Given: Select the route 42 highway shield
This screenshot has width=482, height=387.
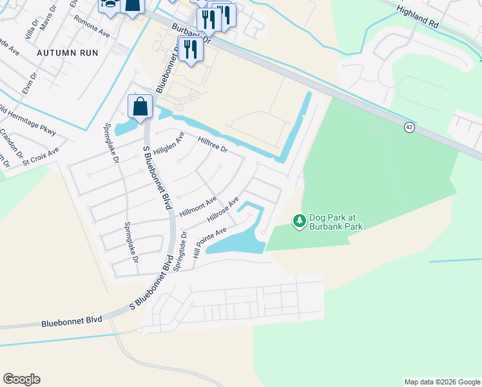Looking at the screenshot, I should point(410,128).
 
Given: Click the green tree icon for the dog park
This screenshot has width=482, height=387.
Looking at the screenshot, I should point(299,221).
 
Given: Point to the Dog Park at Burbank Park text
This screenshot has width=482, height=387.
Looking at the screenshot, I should point(336,222).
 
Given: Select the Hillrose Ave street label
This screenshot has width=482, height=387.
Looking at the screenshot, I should point(223,210).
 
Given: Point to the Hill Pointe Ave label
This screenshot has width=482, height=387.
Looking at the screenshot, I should point(209,243).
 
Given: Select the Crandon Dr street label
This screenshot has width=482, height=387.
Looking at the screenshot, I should point(12,141).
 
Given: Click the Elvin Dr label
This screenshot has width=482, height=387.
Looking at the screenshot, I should point(30,83).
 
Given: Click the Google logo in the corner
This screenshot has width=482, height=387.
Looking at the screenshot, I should point(21,379).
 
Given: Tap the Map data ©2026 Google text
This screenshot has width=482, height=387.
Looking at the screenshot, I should point(441,382).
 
